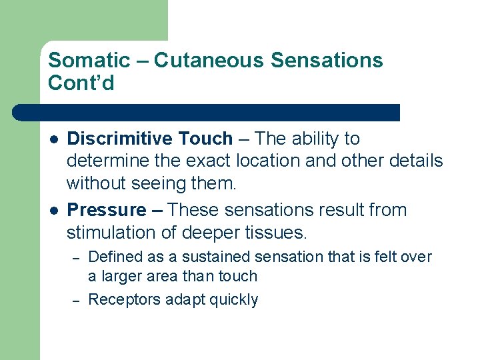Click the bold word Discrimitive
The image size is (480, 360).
(122, 139)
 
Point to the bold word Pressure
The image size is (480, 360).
(107, 210)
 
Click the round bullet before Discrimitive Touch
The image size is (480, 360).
(53, 139)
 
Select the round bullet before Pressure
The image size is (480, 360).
(53, 211)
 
